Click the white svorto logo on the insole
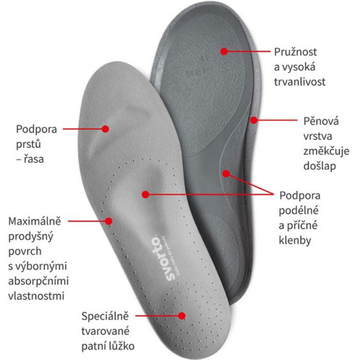[163, 258]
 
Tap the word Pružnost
[295, 53]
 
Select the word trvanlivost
[300, 82]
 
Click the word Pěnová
[321, 121]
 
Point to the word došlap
[320, 166]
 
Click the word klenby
[295, 240]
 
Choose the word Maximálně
[35, 221]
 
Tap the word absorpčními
[38, 282]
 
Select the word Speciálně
[105, 316]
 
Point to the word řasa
[34, 159]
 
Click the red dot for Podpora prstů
[105, 129]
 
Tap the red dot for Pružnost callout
[224, 51]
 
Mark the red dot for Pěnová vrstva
[253, 120]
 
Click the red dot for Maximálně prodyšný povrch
[109, 221]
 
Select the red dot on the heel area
[182, 315]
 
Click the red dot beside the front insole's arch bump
[145, 194]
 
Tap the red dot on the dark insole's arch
[226, 174]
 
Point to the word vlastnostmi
[36, 296]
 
